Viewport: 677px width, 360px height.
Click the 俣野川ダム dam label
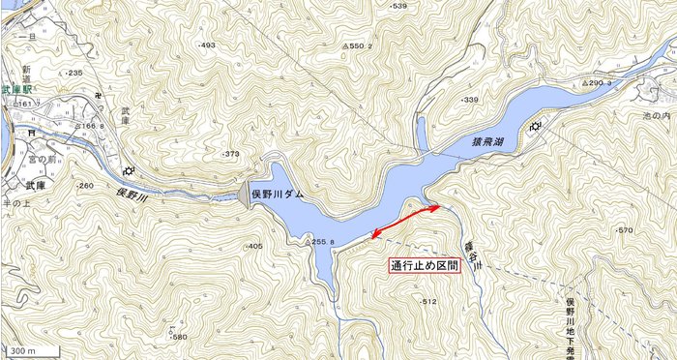[278, 195]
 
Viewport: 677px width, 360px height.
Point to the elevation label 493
[207, 45]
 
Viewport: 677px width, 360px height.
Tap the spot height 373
[230, 154]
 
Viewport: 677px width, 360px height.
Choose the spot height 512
[428, 302]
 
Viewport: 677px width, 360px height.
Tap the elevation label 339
[470, 100]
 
